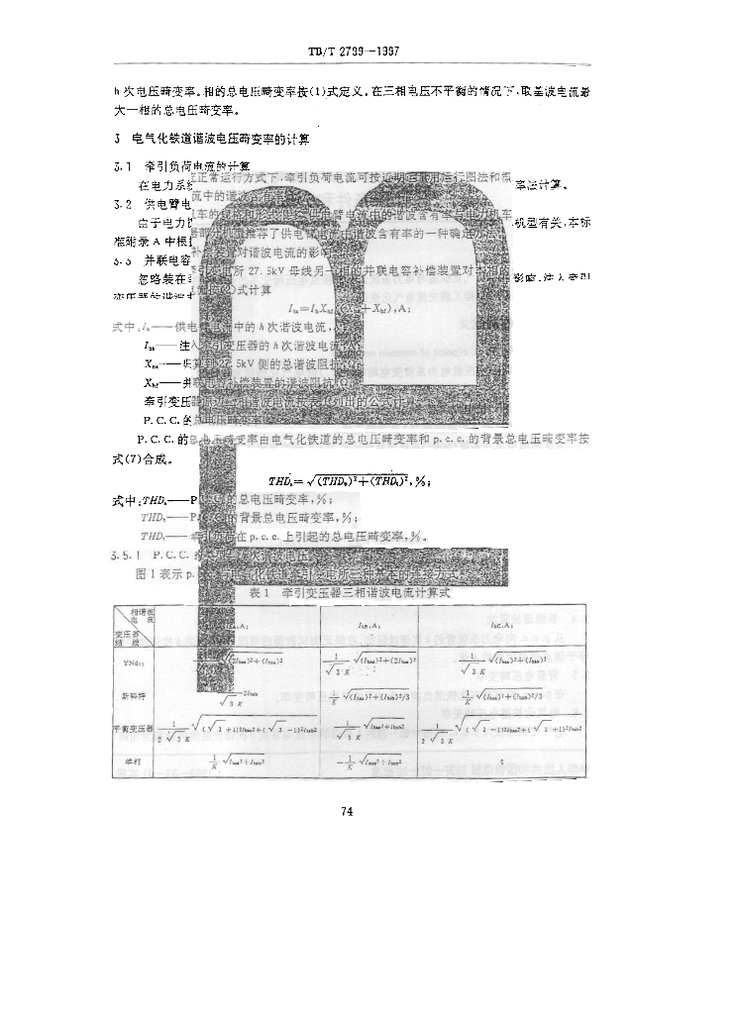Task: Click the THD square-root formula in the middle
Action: (337, 479)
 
